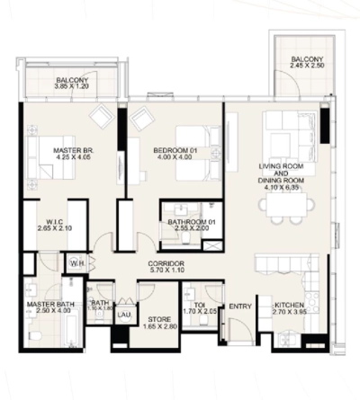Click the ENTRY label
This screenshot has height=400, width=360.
[x=240, y=307]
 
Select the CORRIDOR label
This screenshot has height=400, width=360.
[x=166, y=262]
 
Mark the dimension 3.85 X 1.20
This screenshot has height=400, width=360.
[x=71, y=88]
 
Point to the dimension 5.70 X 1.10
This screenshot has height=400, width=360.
[x=166, y=271]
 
